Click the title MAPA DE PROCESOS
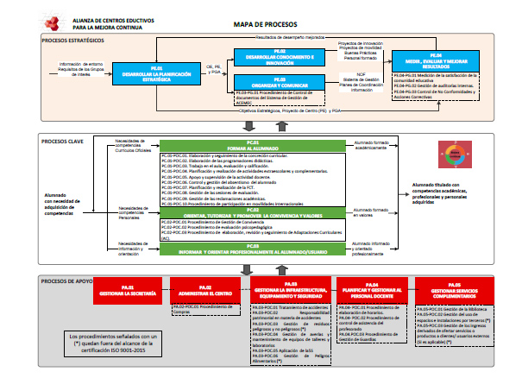264,24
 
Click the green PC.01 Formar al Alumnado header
253,145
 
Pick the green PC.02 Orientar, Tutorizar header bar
253,211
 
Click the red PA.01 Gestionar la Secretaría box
127,292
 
